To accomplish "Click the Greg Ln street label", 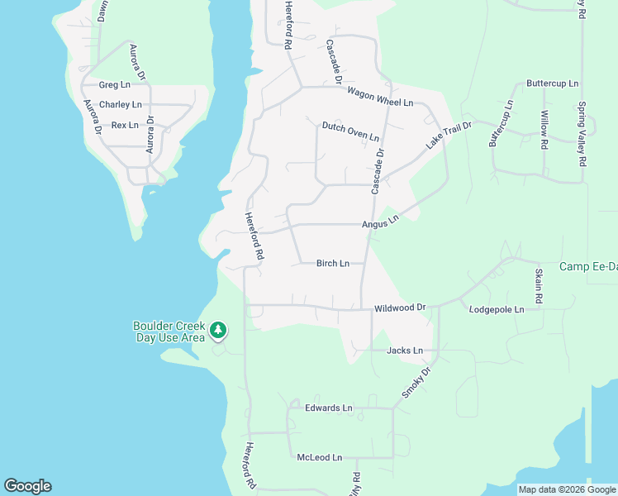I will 115,85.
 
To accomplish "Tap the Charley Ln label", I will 121,105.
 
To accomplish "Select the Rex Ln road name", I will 125,125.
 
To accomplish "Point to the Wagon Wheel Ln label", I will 380,97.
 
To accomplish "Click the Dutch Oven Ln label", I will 350,131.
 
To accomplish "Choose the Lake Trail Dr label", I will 448,135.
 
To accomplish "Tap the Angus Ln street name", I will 380,222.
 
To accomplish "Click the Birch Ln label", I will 333,264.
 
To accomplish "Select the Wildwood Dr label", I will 400,308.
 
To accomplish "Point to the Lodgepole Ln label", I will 497,309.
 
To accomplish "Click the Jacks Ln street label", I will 405,351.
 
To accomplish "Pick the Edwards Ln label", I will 328,408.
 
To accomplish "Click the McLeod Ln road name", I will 320,457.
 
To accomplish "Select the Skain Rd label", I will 539,285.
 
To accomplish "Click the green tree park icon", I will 218,331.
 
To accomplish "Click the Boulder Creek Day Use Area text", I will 169,331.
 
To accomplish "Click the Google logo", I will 27,486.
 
